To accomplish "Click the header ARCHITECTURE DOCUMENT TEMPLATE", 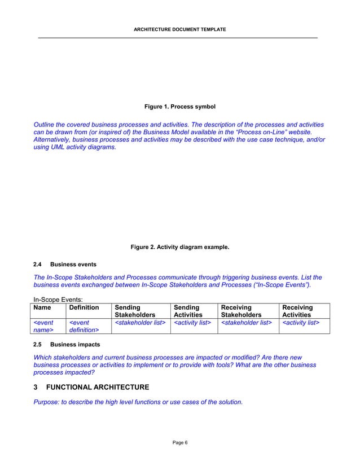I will pyautogui.click(x=180, y=28).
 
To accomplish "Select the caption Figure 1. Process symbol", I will pyautogui.click(x=180, y=107).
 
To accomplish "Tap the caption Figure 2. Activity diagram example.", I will pyautogui.click(x=180, y=247).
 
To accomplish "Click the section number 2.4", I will pyautogui.click(x=38, y=264).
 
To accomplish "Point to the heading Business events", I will pyautogui.click(x=73, y=264).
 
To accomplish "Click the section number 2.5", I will pyautogui.click(x=38, y=344).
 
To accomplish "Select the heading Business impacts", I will pyautogui.click(x=75, y=344).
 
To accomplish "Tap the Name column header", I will pyautogui.click(x=42, y=307).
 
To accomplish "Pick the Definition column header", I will pyautogui.click(x=84, y=307).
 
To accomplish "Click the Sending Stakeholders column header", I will pyautogui.click(x=135, y=311).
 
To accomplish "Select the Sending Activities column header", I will pyautogui.click(x=188, y=311).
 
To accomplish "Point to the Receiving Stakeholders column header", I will pyautogui.click(x=242, y=311).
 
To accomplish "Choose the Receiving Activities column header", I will pyautogui.click(x=297, y=311).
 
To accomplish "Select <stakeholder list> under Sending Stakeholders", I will pyautogui.click(x=140, y=323).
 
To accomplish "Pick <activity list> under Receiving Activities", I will pyautogui.click(x=301, y=323).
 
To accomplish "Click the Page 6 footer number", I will pyautogui.click(x=180, y=442).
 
